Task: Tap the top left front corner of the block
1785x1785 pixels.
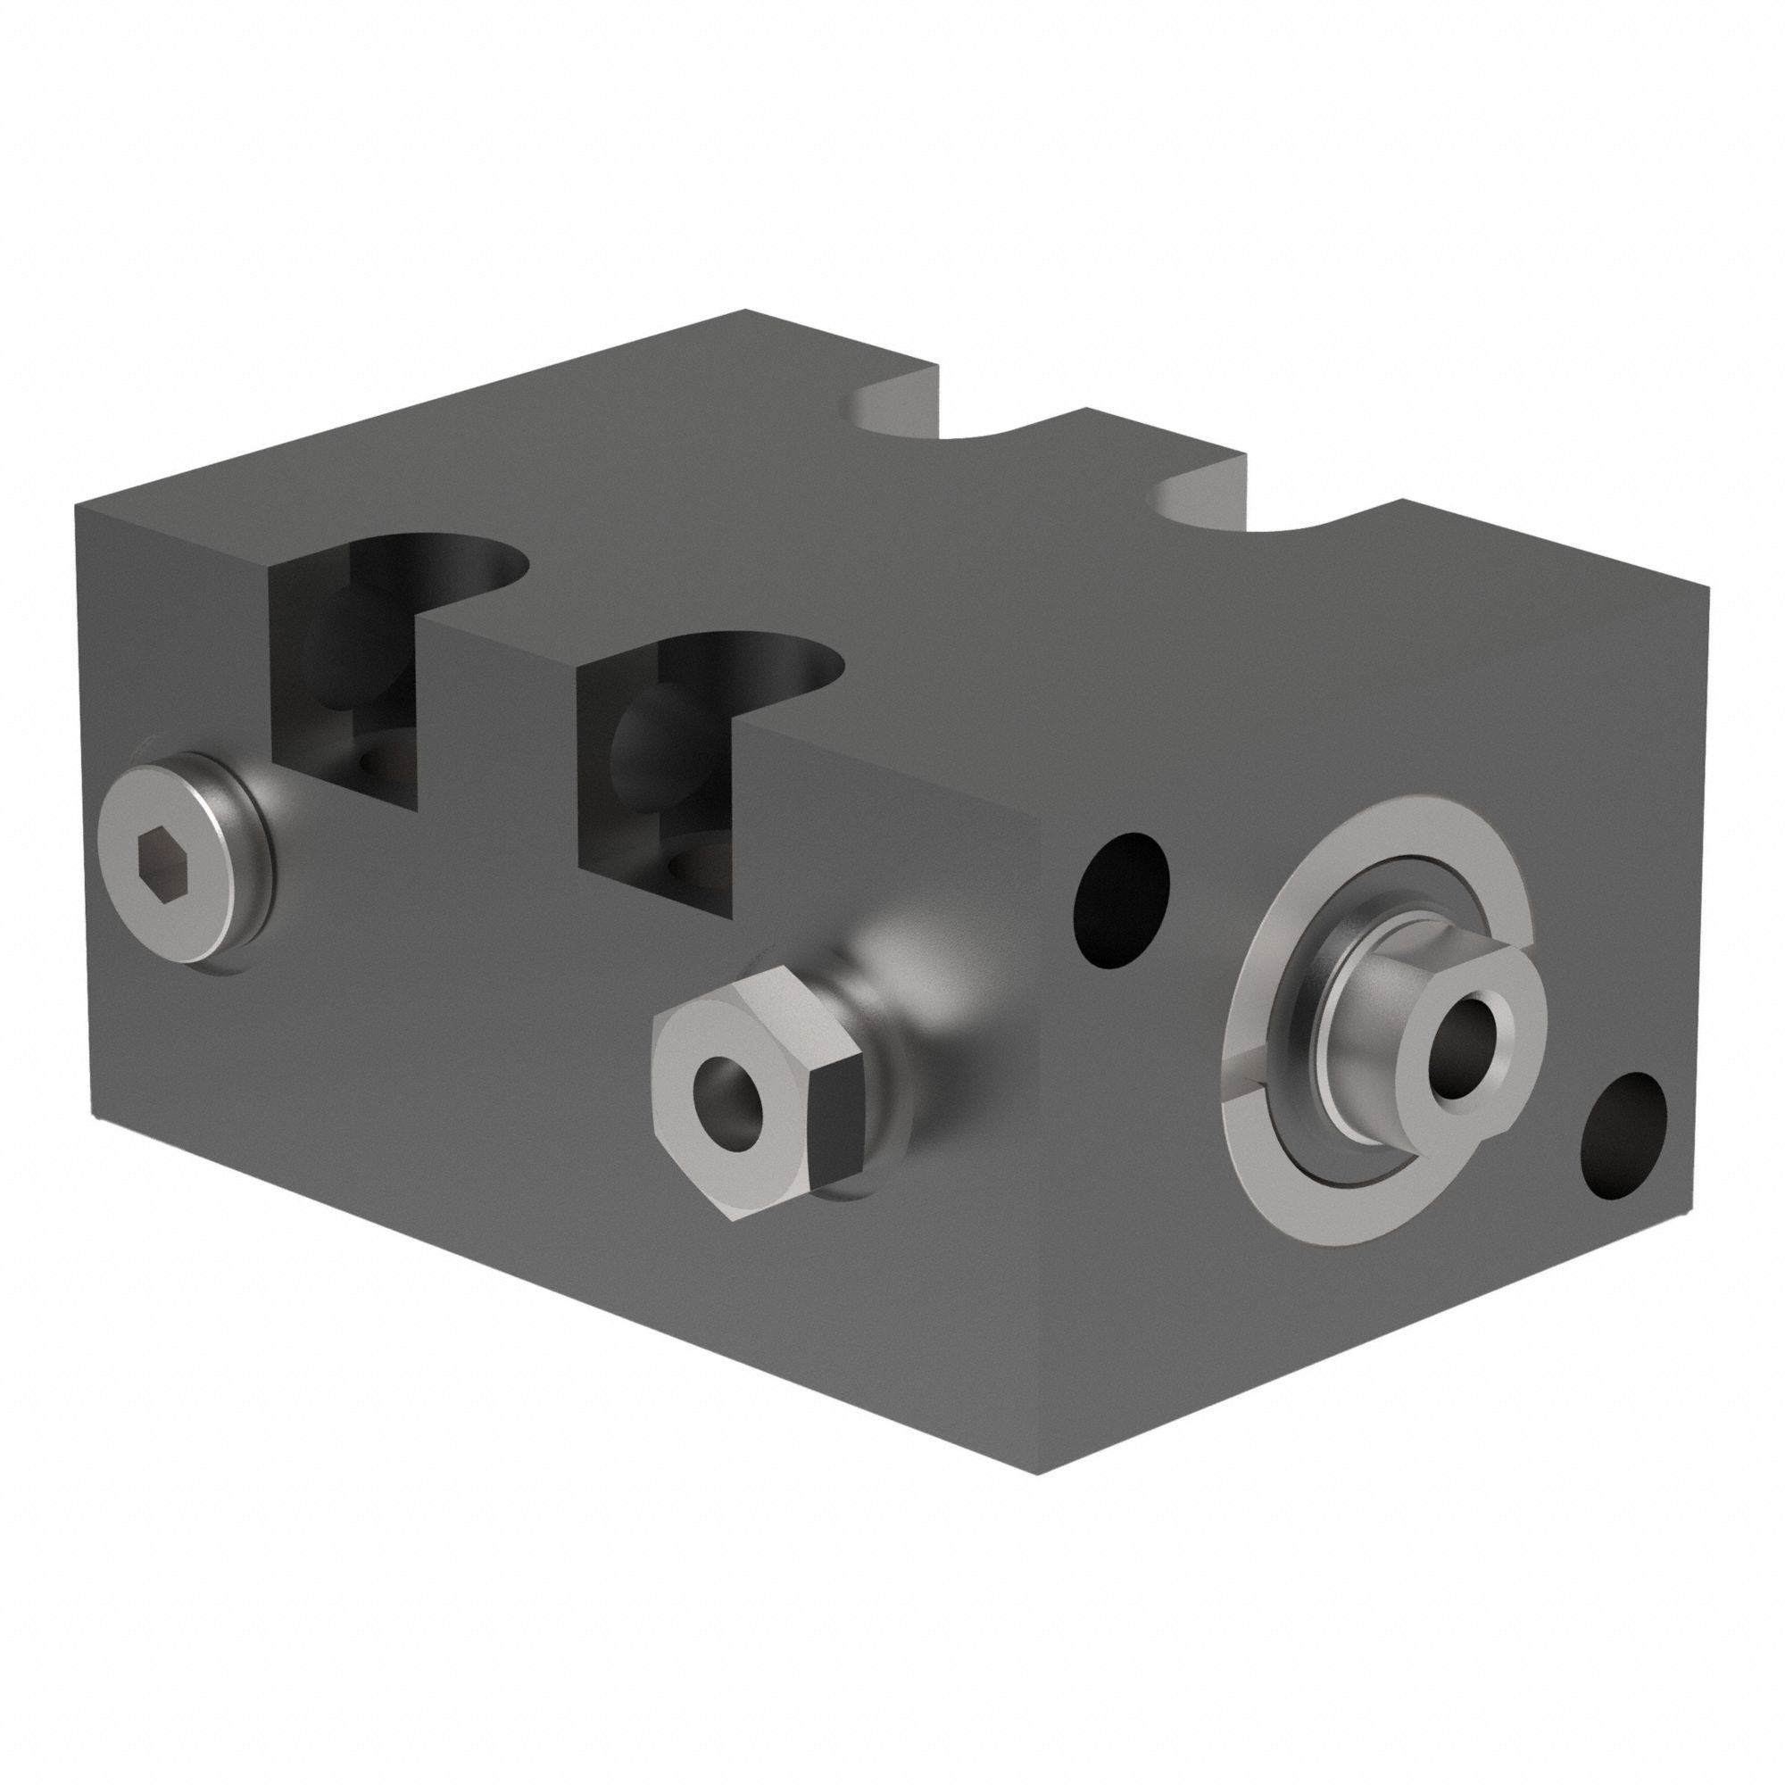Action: [x=78, y=506]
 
